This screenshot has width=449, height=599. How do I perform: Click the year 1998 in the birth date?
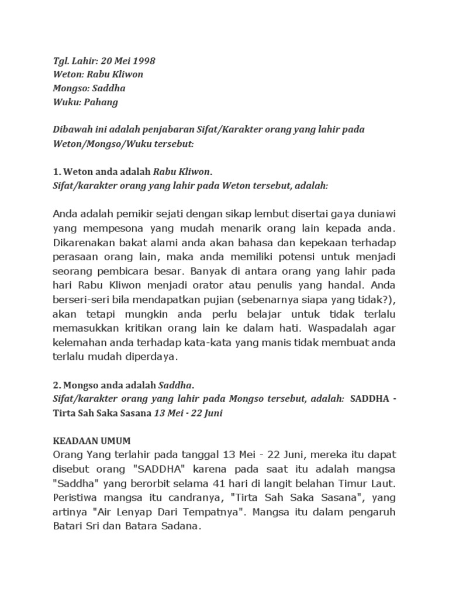[x=144, y=60]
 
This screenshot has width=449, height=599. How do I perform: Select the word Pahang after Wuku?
[x=102, y=102]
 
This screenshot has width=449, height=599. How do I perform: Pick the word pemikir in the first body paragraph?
[x=138, y=211]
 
